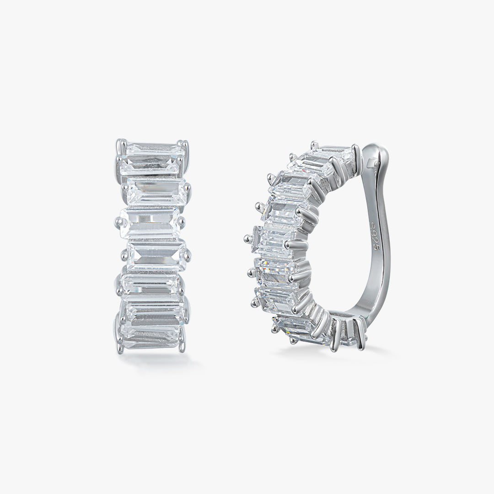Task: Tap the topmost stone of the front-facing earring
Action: click(155, 148)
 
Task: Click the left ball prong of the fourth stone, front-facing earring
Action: click(118, 222)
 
